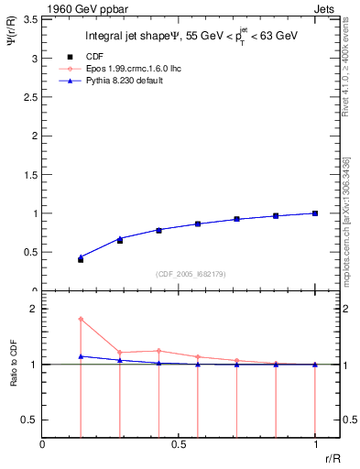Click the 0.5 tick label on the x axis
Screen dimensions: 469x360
(x=179, y=446)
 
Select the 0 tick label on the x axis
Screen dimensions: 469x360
(x=43, y=446)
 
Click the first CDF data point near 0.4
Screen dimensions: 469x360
(x=81, y=260)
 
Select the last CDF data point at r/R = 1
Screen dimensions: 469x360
(x=315, y=213)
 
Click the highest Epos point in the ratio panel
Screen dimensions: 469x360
(x=81, y=319)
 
